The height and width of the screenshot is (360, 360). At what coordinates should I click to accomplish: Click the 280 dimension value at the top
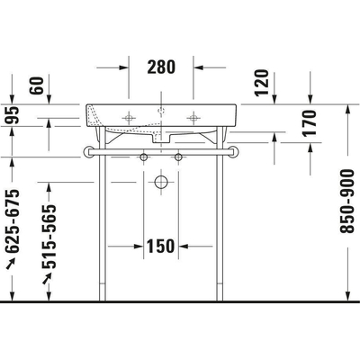click(x=161, y=67)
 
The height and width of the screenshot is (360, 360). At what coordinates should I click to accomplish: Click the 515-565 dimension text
click(x=51, y=232)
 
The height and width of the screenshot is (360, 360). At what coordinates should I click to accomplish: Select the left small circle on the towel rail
click(x=142, y=158)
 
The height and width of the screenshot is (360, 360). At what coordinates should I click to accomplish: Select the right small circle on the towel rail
click(x=178, y=158)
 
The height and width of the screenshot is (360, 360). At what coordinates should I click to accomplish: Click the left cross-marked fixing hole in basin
click(x=130, y=117)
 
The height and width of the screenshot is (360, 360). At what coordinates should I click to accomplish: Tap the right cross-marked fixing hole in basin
click(x=191, y=117)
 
